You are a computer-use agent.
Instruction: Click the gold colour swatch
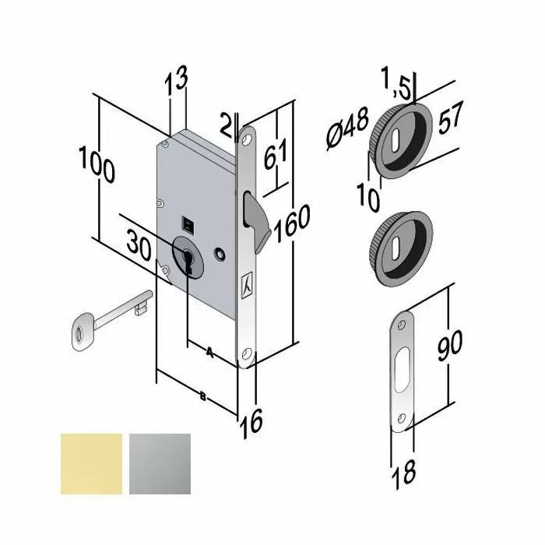pos(90,462)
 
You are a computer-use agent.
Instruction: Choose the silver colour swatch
pos(160,462)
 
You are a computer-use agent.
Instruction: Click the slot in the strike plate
pos(403,370)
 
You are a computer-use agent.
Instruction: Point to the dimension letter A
pos(209,351)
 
